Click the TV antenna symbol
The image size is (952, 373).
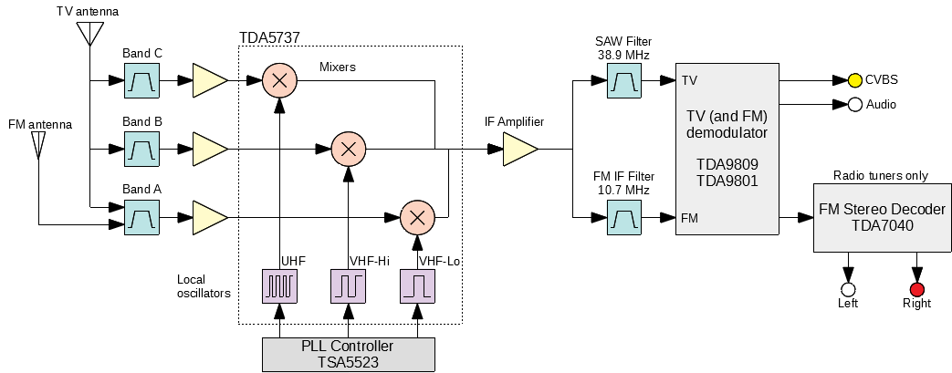click(x=89, y=33)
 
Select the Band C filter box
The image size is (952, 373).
click(x=141, y=81)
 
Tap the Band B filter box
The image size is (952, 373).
click(x=141, y=148)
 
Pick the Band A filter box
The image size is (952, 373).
click(x=141, y=217)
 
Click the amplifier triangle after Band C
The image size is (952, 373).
click(x=208, y=81)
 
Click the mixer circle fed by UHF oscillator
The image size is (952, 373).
click(x=279, y=81)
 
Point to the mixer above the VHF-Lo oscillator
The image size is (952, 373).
click(x=417, y=217)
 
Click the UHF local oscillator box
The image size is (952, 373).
click(x=279, y=286)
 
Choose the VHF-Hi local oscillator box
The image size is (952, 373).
click(x=348, y=286)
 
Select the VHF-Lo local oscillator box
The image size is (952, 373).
click(x=417, y=286)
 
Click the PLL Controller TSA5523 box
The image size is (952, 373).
click(x=348, y=354)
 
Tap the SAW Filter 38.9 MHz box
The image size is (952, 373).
click(x=624, y=82)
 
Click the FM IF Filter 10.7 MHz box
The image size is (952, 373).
click(x=624, y=218)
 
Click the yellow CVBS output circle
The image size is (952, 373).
click(x=854, y=80)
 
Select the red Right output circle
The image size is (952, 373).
click(x=916, y=289)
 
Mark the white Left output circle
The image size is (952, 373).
click(x=848, y=289)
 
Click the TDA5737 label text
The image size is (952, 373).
click(x=269, y=37)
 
